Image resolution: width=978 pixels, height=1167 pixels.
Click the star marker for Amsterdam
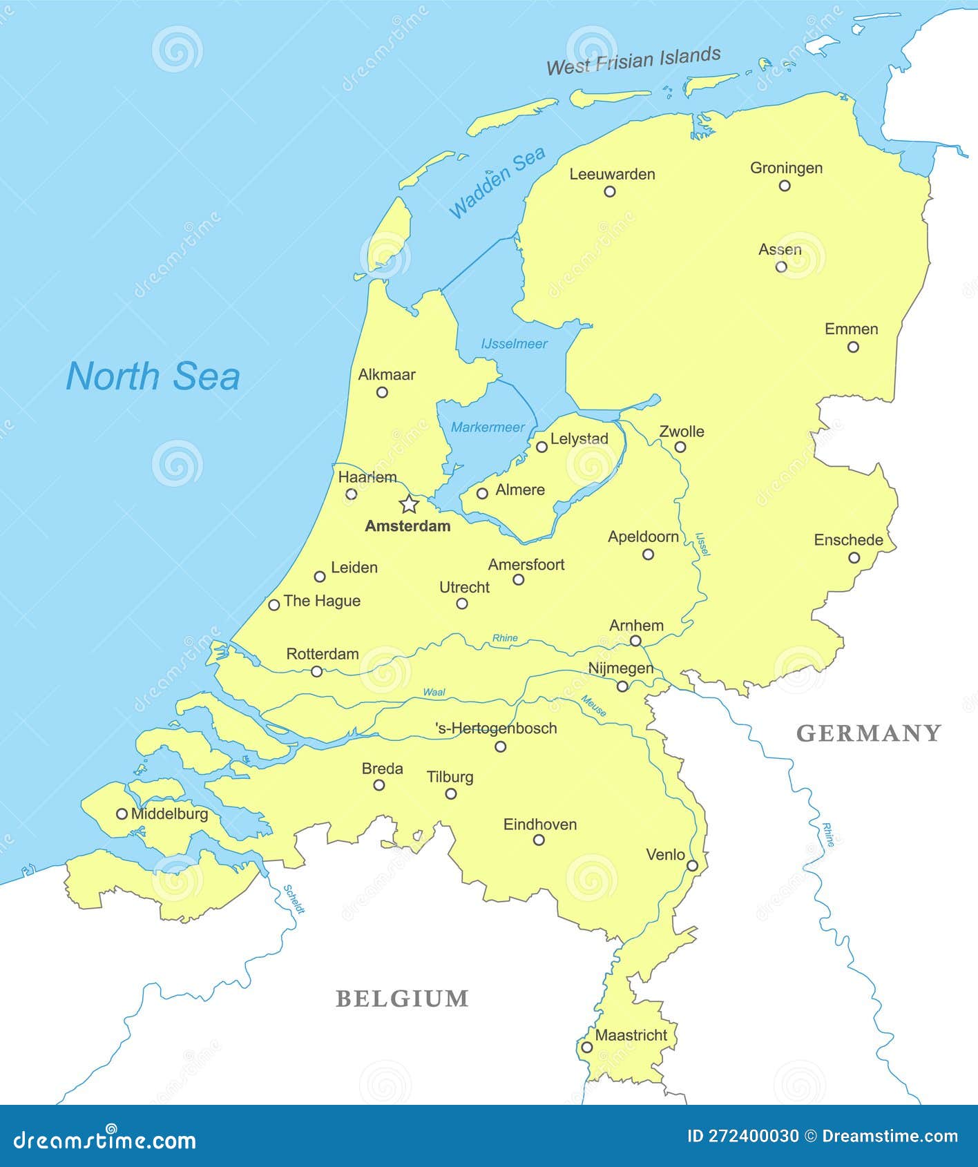409,504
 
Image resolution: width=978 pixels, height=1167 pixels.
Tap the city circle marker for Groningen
785,185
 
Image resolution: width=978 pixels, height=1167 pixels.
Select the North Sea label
153,376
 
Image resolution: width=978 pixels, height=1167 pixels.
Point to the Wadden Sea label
497,183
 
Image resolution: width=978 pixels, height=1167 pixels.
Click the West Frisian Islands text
633,61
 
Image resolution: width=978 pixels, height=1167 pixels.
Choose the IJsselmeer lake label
514,344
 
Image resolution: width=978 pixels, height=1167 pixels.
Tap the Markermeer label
488,427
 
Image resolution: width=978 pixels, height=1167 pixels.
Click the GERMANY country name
868,733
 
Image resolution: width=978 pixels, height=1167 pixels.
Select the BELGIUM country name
402,999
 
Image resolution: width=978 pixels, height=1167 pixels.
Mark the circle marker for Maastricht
586,1047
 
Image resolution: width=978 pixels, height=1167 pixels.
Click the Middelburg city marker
122,814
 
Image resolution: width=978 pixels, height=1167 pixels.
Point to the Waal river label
434,692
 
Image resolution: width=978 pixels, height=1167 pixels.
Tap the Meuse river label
594,706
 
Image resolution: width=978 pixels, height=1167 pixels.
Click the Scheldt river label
294,899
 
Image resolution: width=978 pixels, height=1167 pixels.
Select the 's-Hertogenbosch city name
496,729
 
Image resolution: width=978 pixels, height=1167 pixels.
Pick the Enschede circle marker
854,557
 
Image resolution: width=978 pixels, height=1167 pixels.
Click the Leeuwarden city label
612,174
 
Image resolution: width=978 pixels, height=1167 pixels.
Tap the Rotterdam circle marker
316,671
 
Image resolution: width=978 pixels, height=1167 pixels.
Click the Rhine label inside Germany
828,834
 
